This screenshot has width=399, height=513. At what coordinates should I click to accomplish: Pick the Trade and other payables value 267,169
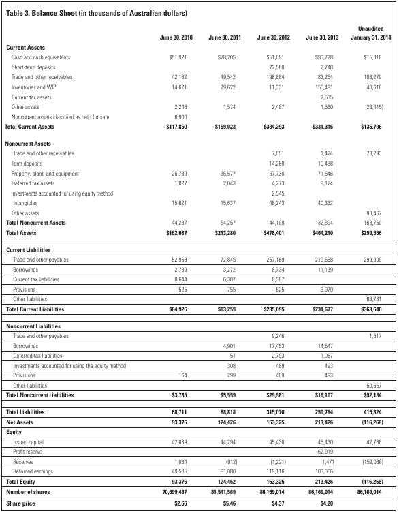click(x=270, y=260)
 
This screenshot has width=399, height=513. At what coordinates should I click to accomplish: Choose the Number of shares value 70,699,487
click(x=170, y=472)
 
